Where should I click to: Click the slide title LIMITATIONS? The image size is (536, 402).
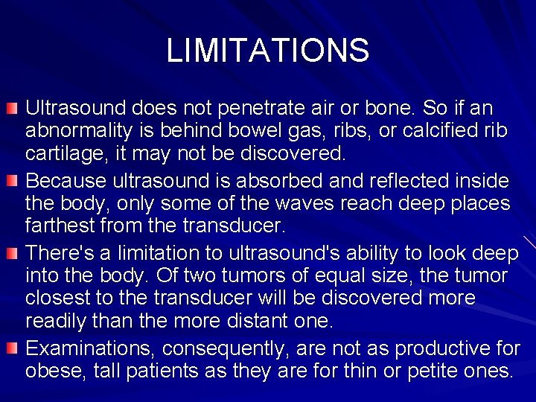267,51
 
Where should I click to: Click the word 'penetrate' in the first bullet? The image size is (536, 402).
267,109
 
